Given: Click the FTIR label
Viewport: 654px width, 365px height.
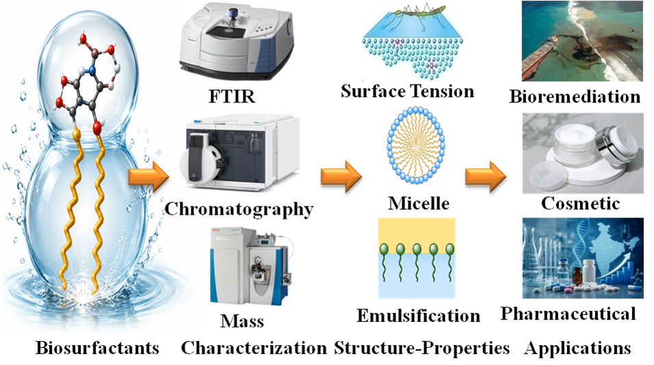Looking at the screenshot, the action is point(232,96).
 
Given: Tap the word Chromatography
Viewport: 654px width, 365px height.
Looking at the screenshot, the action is point(239,209).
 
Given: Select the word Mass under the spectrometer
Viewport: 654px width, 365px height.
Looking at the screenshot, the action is point(242,321).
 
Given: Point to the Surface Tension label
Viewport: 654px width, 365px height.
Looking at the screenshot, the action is point(408,92).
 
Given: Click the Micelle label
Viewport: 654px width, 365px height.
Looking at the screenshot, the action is point(419,203).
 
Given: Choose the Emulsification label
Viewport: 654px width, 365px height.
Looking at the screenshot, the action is point(419,316).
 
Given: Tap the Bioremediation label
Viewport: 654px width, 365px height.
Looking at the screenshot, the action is point(575,96).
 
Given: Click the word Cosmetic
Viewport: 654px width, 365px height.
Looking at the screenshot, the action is point(581,203).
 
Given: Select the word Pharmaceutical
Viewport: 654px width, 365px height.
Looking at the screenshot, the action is point(568,313).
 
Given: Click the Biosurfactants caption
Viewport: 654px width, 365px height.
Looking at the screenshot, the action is point(98,347).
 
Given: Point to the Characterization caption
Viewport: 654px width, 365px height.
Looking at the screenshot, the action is point(254,347).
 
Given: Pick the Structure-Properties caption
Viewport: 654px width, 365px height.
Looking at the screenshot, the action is point(421,347).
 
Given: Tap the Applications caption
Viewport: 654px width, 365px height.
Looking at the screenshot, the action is point(577,348).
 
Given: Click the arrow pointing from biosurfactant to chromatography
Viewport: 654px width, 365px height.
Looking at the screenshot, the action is point(148,176).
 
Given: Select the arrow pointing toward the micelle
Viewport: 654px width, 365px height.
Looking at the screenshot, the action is point(341,176).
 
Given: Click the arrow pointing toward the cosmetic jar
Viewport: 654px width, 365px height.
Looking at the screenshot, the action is point(486,176).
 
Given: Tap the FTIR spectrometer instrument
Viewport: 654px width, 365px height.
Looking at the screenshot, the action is point(237,42).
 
